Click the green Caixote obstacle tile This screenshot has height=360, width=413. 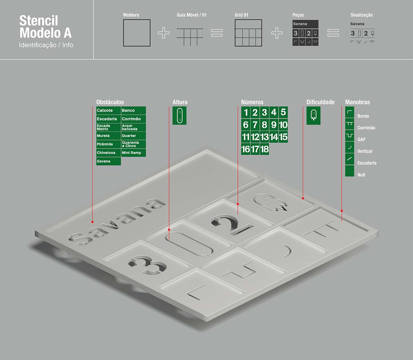point(108,110)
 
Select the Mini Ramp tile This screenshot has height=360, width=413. point(134,153)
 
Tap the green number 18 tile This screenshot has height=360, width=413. point(264,149)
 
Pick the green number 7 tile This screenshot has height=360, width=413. point(255,124)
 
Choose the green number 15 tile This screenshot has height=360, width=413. point(283,137)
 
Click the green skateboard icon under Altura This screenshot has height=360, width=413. point(179,116)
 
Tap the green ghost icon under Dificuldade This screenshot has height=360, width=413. point(314,116)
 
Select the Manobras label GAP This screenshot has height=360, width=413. point(361,139)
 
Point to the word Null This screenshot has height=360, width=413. point(361,175)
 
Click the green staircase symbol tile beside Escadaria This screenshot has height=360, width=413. point(350,159)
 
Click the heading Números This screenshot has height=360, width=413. point(252,102)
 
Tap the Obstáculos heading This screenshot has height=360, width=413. point(110,102)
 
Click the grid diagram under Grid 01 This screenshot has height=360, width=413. point(248,33)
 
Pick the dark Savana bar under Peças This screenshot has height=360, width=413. point(305,24)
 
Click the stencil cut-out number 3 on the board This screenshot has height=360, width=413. point(147,265)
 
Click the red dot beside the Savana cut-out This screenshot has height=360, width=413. point(93,222)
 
